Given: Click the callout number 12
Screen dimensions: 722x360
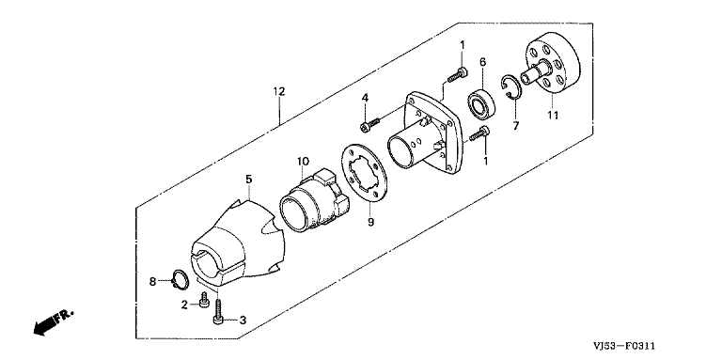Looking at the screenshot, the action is (x=279, y=91).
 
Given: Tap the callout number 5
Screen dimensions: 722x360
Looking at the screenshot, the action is (x=248, y=180).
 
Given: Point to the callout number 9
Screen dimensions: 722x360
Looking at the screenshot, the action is (x=370, y=223).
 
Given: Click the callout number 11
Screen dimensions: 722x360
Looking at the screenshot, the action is (x=553, y=115).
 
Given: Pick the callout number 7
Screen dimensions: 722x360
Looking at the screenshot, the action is (x=516, y=125).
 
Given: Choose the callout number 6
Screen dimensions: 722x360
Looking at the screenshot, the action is (x=482, y=62).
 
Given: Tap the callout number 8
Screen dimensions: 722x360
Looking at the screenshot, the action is (x=153, y=281).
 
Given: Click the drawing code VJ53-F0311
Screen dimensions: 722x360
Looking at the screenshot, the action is (x=623, y=346).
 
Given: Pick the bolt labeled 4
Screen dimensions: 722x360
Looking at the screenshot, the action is (x=369, y=124).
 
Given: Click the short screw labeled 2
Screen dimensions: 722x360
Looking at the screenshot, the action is (x=204, y=301).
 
